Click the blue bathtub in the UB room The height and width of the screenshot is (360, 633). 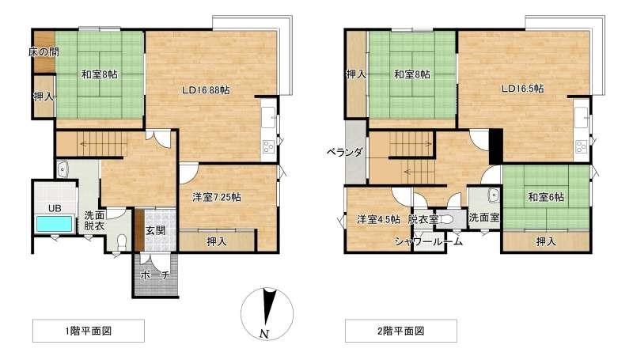(55, 224)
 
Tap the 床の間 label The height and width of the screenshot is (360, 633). (44, 52)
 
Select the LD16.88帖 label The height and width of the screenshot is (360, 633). (206, 90)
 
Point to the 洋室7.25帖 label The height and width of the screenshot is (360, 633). (217, 197)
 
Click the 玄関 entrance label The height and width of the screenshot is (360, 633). (155, 231)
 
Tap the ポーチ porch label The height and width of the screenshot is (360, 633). (155, 275)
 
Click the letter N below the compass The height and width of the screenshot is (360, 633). (264, 334)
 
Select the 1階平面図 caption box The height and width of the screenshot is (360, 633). (89, 331)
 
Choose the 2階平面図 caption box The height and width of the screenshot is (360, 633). (401, 331)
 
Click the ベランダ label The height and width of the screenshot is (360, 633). (345, 153)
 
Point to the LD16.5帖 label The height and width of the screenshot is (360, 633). (523, 89)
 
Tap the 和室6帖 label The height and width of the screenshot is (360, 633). (546, 197)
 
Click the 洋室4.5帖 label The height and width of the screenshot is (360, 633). (378, 219)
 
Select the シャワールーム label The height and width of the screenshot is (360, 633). (429, 242)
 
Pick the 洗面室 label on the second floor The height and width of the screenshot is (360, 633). (484, 218)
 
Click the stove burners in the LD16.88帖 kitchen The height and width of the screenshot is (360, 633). (268, 146)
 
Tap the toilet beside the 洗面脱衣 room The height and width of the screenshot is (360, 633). (121, 242)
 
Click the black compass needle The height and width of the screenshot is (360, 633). (267, 307)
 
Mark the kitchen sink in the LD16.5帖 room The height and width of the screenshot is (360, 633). (582, 117)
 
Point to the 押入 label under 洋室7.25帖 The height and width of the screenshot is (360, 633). (217, 242)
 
